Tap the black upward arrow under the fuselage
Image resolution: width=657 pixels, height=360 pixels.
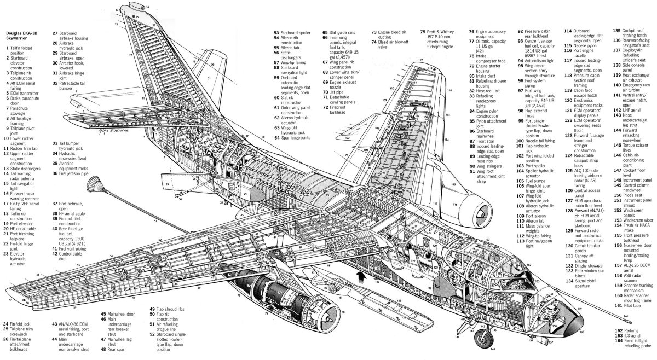click(359, 274)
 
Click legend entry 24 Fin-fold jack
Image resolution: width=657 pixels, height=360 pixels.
click(22, 324)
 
